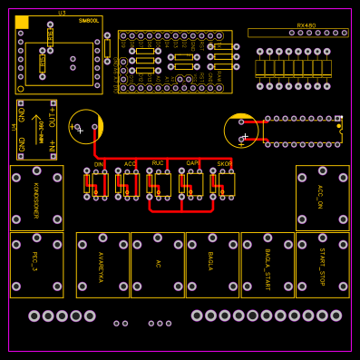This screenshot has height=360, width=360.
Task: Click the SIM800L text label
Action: (87, 20)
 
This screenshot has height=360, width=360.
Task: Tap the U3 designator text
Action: (62, 13)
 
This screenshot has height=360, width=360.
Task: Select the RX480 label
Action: (306, 25)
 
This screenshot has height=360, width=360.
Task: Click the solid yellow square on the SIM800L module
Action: (22, 22)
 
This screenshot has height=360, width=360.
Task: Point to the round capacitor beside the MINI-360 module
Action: (85, 127)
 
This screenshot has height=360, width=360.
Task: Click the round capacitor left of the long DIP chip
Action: (241, 130)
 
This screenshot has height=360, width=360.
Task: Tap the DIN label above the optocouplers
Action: (98, 164)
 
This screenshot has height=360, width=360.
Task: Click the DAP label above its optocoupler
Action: (192, 163)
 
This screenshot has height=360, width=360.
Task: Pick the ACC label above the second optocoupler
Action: (130, 164)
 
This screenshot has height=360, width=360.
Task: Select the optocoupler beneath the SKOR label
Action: (223, 184)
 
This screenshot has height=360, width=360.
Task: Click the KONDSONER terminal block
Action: (36, 198)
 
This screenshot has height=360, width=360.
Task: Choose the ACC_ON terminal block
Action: (322, 198)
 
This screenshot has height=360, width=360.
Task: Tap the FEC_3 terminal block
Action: (36, 265)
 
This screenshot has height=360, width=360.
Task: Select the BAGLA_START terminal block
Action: (268, 265)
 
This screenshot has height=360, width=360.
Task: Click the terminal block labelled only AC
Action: (157, 265)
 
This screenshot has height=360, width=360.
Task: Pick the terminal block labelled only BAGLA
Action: (212, 265)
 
